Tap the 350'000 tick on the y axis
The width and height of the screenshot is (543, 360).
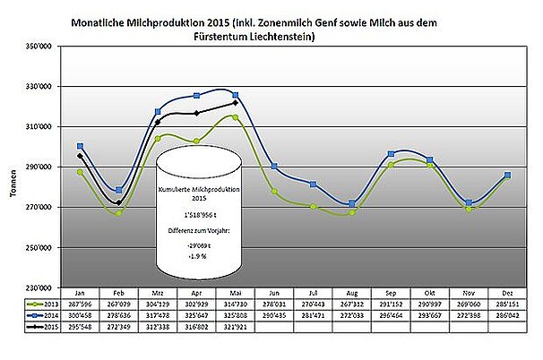coord(37,46)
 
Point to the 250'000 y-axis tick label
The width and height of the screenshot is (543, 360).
coord(37,247)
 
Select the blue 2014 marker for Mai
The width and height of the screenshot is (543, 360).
coord(235,95)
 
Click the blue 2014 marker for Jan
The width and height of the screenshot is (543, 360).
coord(81,146)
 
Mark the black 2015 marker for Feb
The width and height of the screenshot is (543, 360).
coord(119,202)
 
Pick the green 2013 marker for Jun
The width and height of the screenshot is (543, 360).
coord(273,192)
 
